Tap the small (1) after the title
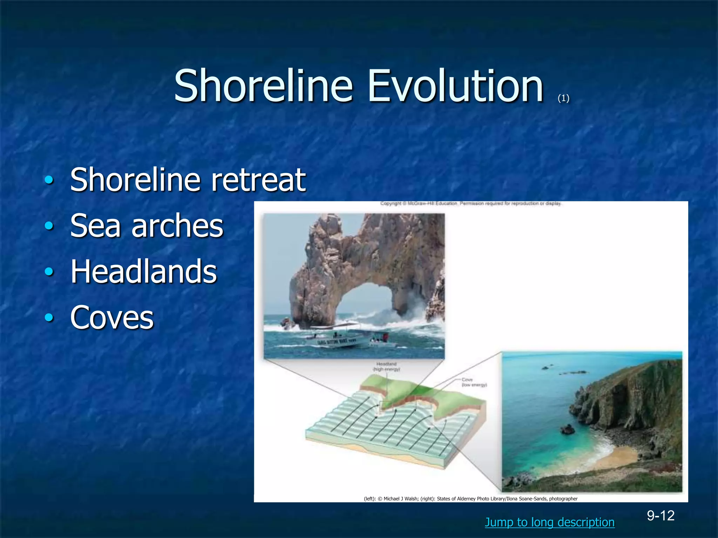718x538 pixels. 563,98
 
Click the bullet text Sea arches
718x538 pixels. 147,226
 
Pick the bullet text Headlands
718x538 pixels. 144,271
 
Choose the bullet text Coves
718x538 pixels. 112,317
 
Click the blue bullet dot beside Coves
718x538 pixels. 49,318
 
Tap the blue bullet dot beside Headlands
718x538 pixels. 49,272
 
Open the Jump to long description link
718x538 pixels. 549,522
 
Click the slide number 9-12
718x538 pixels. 661,516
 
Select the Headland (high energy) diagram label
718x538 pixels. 386,367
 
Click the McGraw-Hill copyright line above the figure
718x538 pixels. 470,204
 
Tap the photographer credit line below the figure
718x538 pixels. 470,499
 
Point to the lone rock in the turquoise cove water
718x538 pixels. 567,429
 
